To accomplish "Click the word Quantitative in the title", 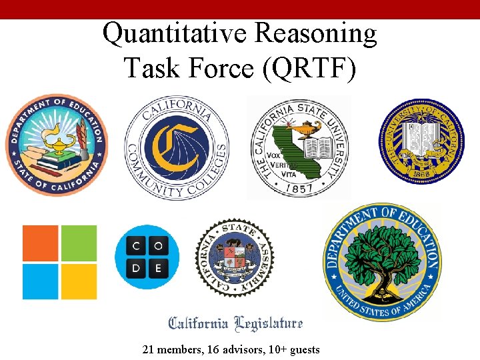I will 174,33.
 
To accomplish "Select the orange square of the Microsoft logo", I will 41,243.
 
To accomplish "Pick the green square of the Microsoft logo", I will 79,243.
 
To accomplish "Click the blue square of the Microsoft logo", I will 41,281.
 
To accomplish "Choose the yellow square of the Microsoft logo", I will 79,281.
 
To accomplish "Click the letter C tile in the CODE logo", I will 135,245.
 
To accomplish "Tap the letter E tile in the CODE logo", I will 158,268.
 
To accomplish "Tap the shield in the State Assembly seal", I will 234,255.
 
